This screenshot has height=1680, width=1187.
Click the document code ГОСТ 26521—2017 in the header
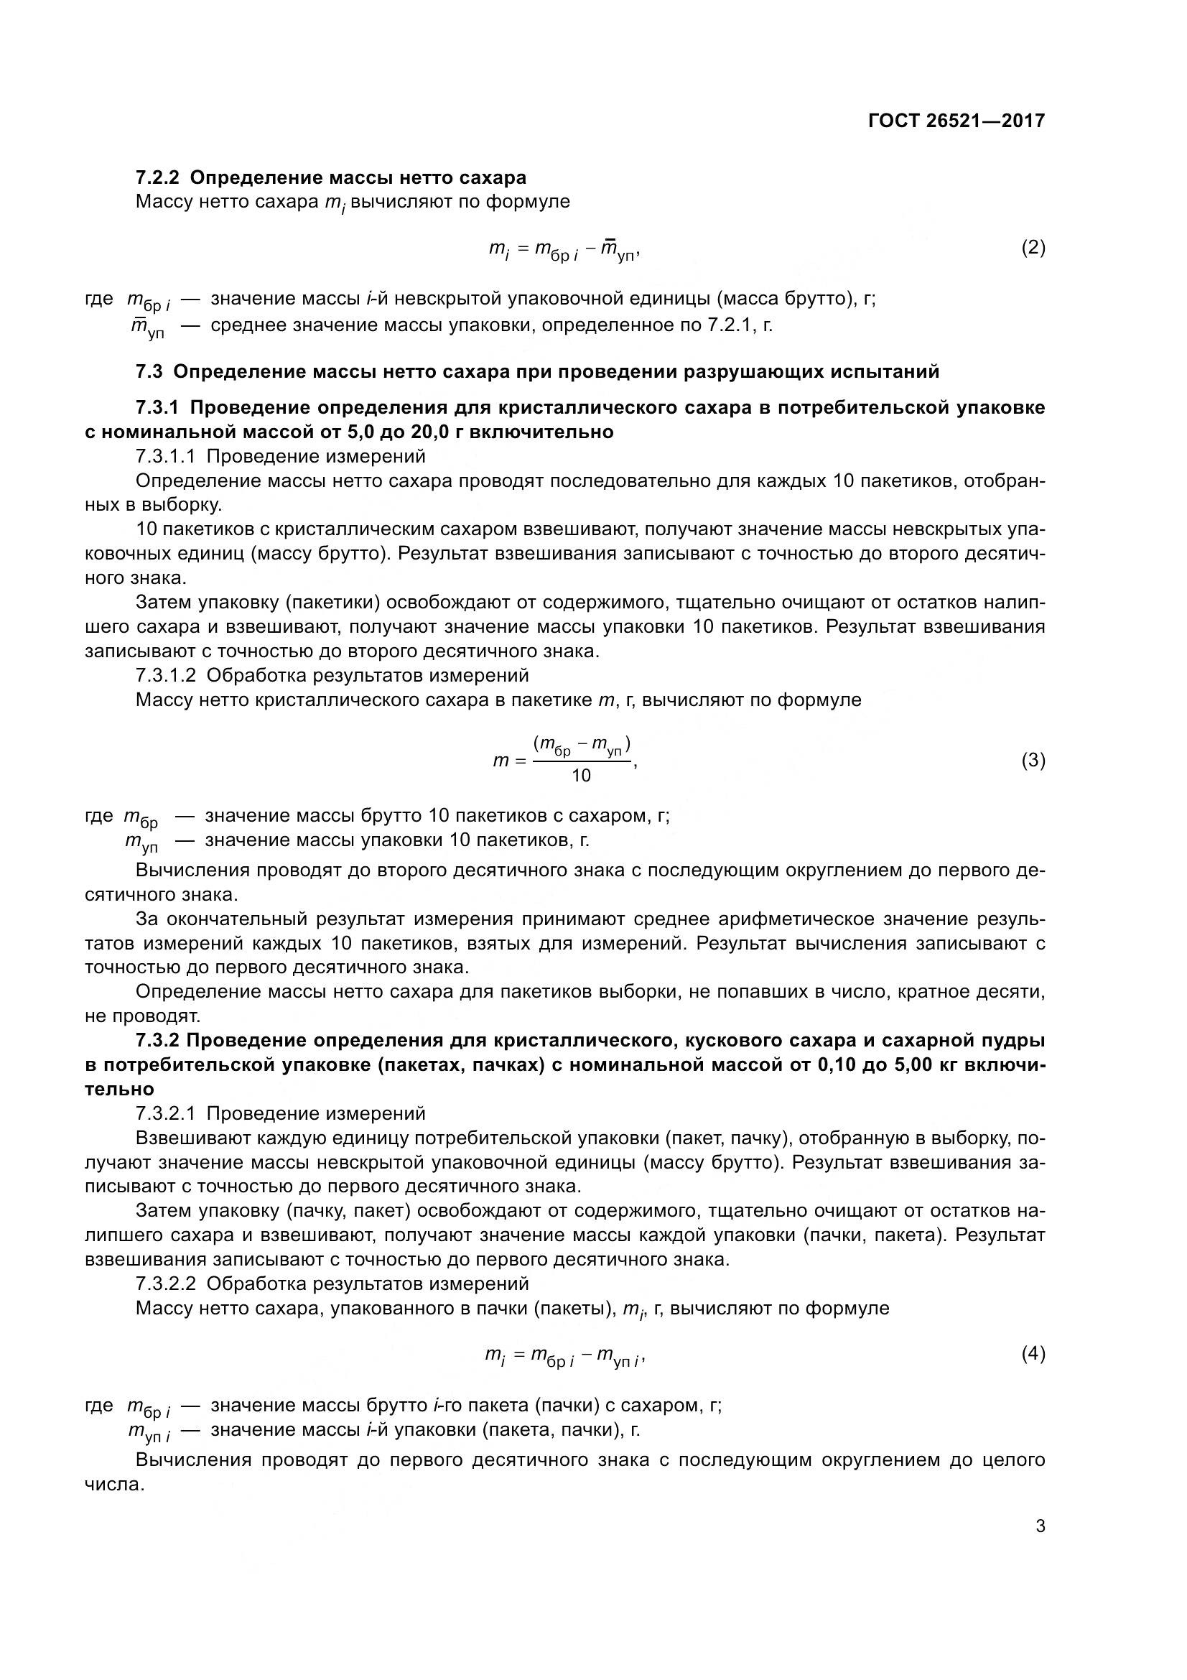[956, 121]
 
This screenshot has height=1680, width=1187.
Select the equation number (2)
[1033, 247]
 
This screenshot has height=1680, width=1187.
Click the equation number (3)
[1033, 760]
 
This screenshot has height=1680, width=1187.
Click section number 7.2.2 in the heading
[158, 178]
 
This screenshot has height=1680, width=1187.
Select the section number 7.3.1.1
[164, 457]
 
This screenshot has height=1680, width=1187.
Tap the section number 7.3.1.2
[164, 674]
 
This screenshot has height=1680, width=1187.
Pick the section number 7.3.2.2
[164, 1284]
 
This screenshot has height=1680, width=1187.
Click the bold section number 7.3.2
[158, 1040]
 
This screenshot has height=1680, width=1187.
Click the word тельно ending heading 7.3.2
[120, 1089]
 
